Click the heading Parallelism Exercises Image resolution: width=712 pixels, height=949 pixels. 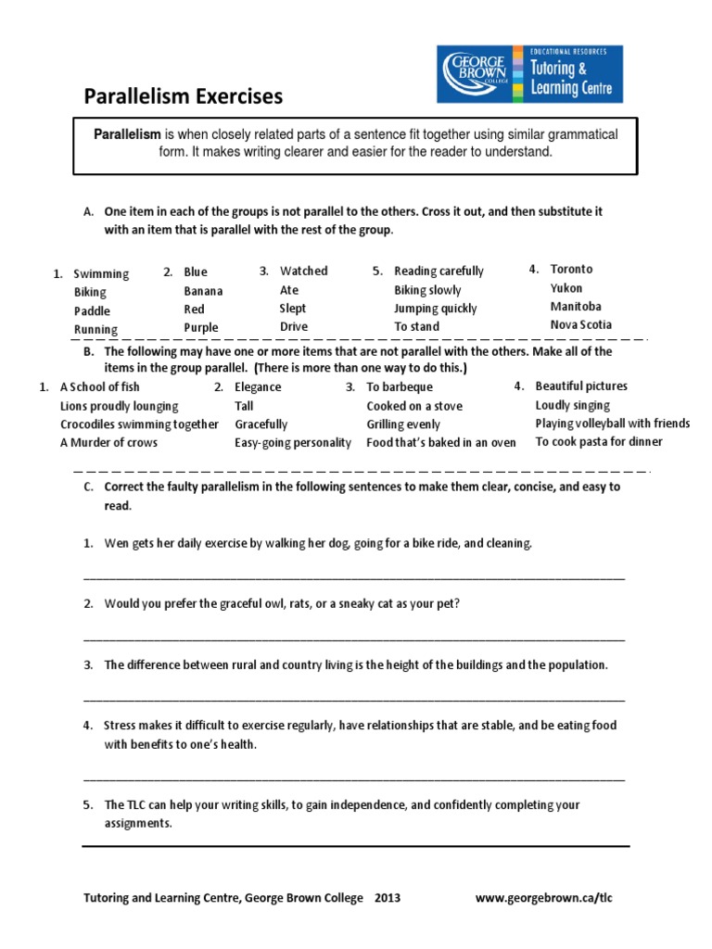[184, 96]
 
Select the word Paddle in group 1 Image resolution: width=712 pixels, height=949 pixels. [92, 310]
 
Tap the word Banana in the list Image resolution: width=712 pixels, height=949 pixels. [203, 291]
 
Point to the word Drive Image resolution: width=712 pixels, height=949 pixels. [294, 327]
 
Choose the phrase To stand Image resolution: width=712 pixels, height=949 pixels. [416, 327]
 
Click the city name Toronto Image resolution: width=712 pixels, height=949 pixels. [571, 269]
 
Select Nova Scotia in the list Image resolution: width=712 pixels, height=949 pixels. [581, 324]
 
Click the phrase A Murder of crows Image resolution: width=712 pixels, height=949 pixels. [108, 443]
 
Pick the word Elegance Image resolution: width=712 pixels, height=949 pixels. [258, 387]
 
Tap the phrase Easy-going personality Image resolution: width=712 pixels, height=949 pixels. [293, 443]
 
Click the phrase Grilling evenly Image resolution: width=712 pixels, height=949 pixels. [403, 424]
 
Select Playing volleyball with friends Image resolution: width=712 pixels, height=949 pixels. [612, 424]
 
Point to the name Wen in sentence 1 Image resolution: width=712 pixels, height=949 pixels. [115, 543]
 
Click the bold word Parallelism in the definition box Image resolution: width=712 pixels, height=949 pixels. [128, 135]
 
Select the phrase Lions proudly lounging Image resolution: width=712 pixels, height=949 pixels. [120, 406]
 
